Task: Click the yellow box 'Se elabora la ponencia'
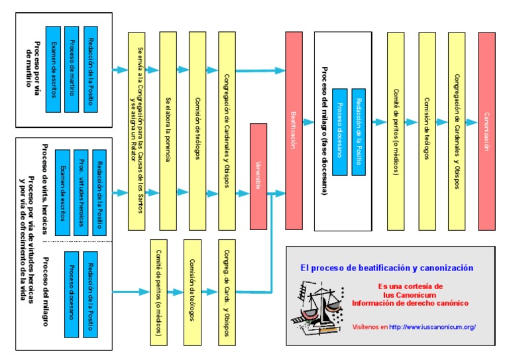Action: (x=168, y=131)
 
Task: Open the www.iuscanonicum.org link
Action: (x=432, y=327)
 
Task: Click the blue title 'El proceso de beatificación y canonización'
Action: (x=386, y=269)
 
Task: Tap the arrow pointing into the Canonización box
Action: (x=471, y=123)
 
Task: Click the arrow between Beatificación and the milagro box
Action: (x=308, y=123)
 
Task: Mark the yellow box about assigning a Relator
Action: (x=137, y=131)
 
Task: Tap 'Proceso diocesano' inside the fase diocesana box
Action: (x=340, y=130)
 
